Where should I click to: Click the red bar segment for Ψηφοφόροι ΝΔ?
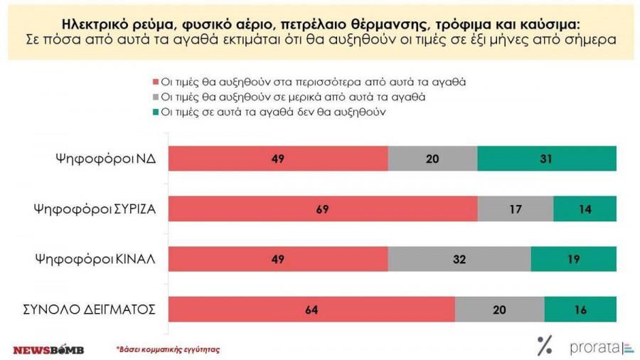tap(278, 159)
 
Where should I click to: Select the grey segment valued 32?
tap(459, 259)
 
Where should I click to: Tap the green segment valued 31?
tap(547, 159)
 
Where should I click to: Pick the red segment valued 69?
tap(323, 209)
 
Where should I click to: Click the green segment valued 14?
tap(585, 209)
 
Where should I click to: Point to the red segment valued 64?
tap(311, 309)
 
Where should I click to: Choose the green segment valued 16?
tap(580, 309)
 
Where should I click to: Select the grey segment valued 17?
tap(516, 209)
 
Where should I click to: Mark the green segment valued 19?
tap(574, 259)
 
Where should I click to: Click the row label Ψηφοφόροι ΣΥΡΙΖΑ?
tap(95, 209)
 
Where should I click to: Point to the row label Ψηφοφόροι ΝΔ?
tap(106, 159)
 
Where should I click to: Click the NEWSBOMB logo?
tap(48, 349)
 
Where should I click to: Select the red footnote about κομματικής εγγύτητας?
tap(168, 349)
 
